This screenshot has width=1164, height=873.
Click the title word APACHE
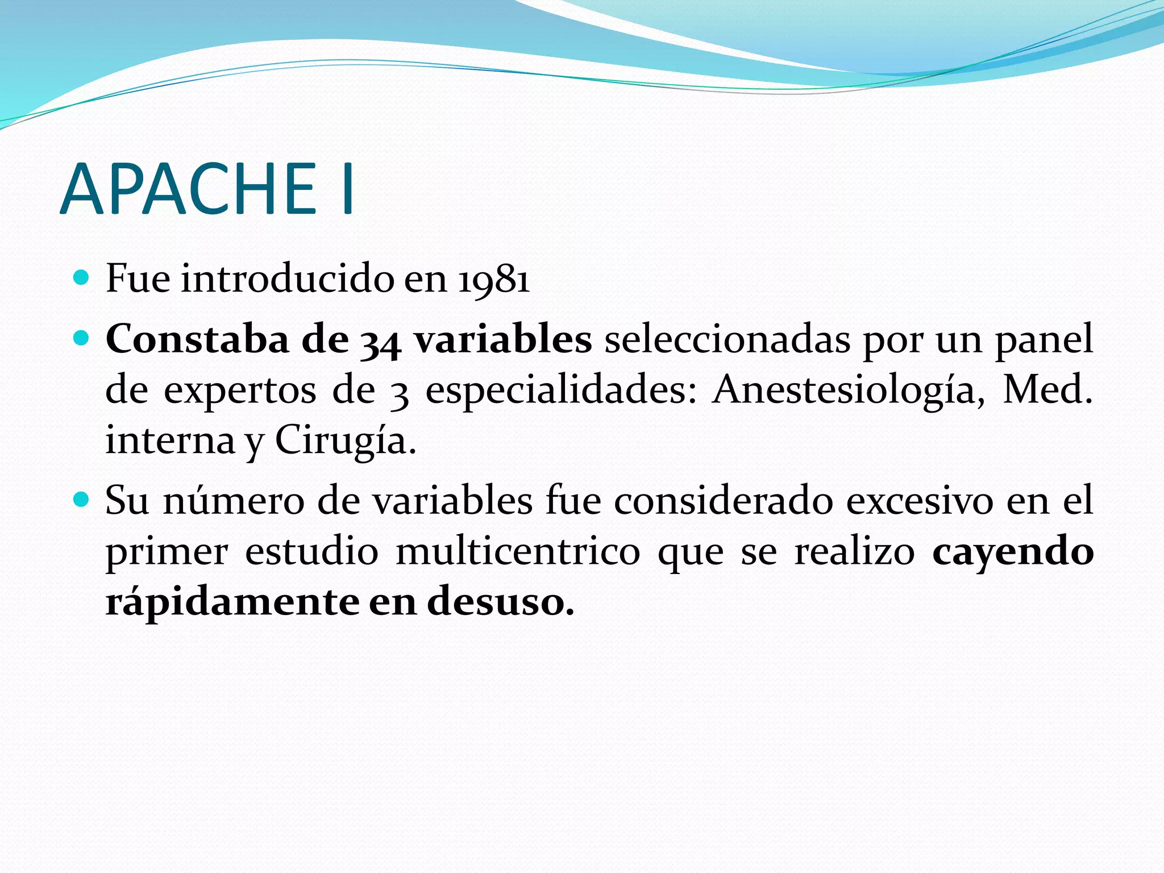click(188, 189)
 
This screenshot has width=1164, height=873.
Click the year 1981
click(494, 280)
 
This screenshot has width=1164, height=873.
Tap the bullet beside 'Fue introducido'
click(82, 278)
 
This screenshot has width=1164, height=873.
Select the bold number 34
click(380, 341)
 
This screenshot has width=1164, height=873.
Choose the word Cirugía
click(345, 440)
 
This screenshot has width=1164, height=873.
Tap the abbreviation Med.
click(1047, 390)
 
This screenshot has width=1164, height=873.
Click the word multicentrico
click(517, 551)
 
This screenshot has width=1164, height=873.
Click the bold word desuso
click(500, 601)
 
